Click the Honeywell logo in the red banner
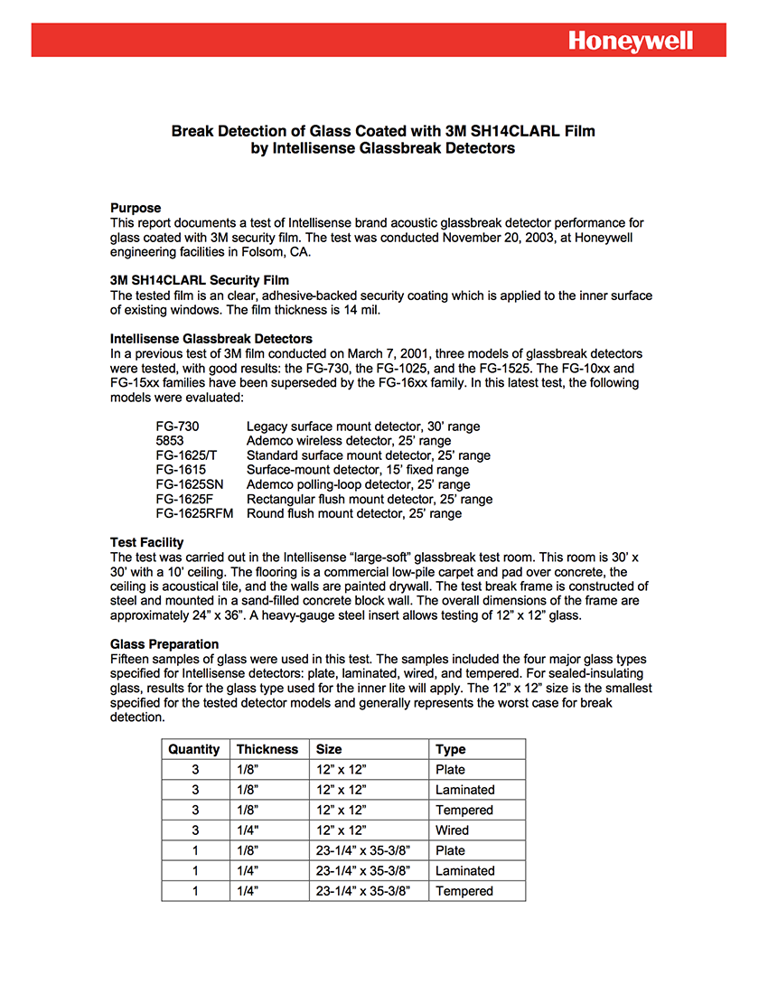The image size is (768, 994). [631, 41]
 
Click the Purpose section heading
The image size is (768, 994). [136, 208]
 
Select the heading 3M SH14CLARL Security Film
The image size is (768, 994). [200, 280]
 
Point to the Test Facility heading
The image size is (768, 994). [146, 542]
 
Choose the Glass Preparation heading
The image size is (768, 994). [164, 644]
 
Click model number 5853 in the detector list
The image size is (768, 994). [170, 441]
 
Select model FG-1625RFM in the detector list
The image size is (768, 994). [194, 513]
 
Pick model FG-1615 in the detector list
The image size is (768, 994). [181, 470]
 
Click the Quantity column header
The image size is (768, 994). [193, 749]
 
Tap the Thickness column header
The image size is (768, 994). [267, 749]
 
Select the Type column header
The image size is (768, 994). [450, 749]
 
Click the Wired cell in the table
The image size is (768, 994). [452, 830]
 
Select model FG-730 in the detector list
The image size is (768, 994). [177, 427]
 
